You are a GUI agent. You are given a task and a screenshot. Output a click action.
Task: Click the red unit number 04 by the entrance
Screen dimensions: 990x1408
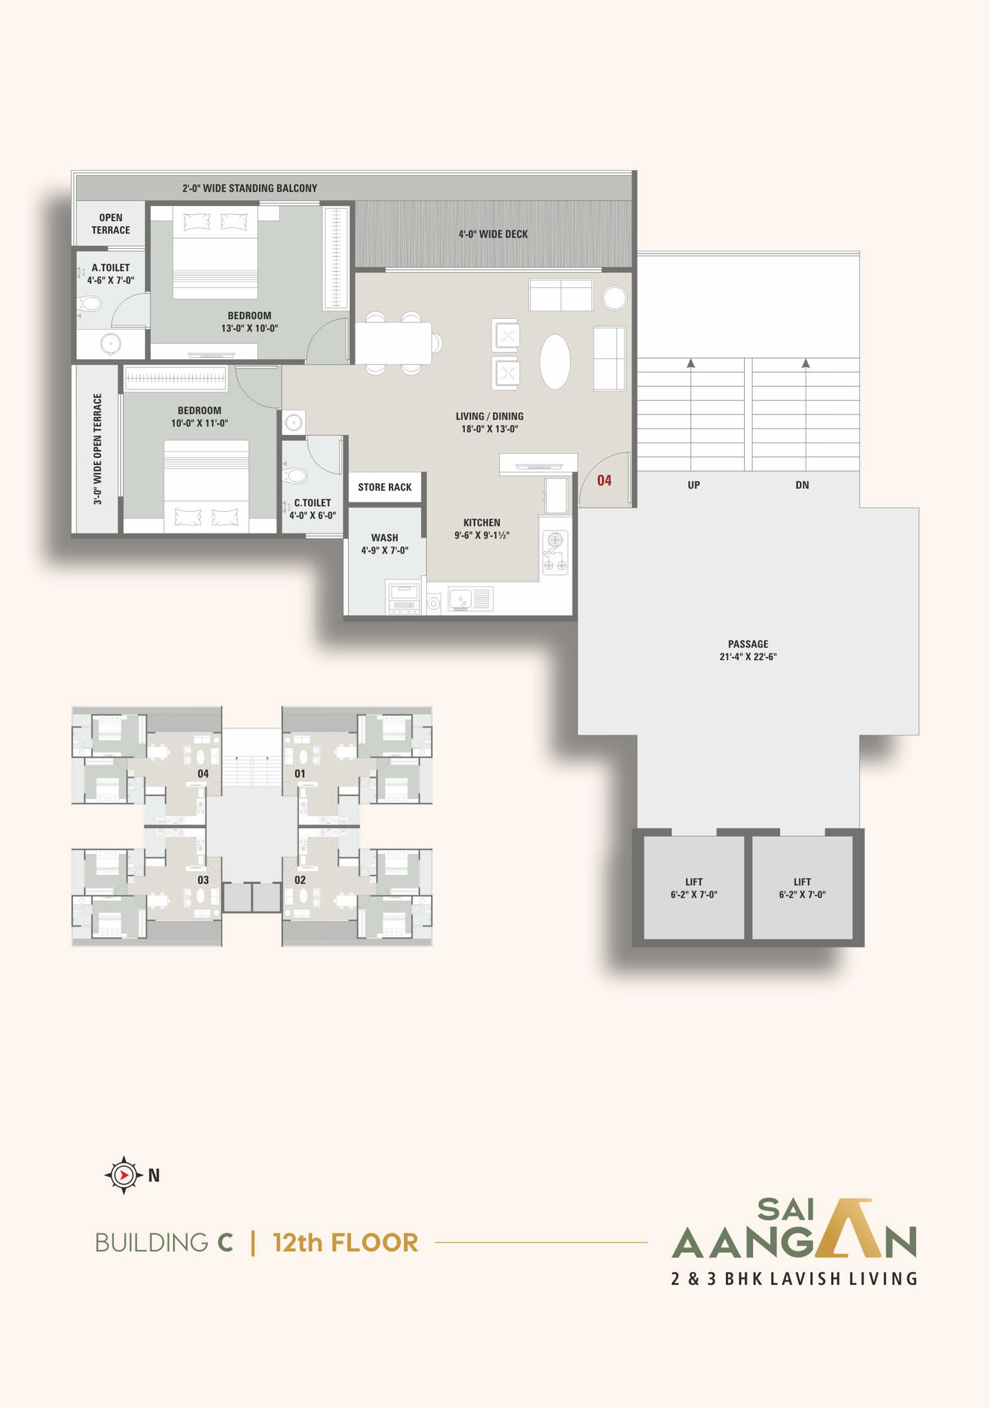[604, 481]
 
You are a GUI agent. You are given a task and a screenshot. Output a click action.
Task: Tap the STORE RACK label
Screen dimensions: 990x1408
[385, 488]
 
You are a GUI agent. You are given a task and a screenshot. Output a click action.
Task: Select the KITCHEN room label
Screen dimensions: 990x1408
[482, 523]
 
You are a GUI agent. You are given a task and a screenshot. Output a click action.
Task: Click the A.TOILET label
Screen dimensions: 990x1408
[111, 268]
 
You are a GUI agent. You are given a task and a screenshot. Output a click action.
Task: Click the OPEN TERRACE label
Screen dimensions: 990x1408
[111, 224]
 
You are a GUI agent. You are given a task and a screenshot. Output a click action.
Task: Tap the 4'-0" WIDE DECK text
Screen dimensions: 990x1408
[493, 234]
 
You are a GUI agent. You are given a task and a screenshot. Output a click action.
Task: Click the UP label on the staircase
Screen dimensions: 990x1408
[694, 485]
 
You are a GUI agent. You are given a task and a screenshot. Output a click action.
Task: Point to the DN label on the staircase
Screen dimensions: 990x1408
[802, 485]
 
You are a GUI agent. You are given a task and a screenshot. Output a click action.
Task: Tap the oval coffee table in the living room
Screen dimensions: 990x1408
[555, 362]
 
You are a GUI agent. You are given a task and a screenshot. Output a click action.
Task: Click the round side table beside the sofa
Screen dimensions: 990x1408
[614, 299]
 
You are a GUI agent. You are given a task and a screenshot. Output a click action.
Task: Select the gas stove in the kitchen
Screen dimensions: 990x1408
[555, 553]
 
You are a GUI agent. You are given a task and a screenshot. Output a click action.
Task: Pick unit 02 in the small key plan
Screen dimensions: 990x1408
[300, 880]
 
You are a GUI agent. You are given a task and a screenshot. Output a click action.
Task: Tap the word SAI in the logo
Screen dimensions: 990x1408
[785, 1210]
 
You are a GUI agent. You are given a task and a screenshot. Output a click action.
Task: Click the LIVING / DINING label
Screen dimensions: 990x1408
[489, 416]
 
